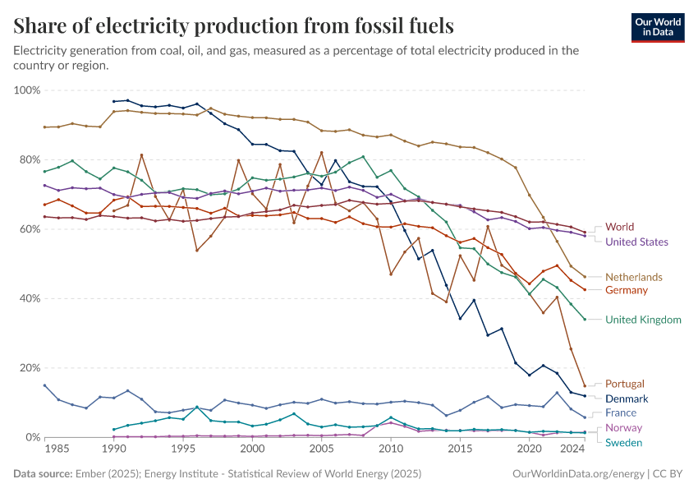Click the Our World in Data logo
coord(657,27)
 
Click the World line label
coord(619,227)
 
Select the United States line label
coord(636,242)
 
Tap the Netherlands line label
coord(633,277)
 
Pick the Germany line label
coord(627,290)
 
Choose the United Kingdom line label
coord(643,320)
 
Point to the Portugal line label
coord(624,384)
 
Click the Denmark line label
coord(627,399)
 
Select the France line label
coord(621,412)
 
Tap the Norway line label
coord(623,428)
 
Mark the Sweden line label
coord(624,443)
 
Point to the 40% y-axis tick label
coord(28,298)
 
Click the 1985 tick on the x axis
coord(57,449)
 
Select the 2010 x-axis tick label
coord(390,449)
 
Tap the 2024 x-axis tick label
coord(572,449)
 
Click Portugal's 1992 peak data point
coord(141,154)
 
